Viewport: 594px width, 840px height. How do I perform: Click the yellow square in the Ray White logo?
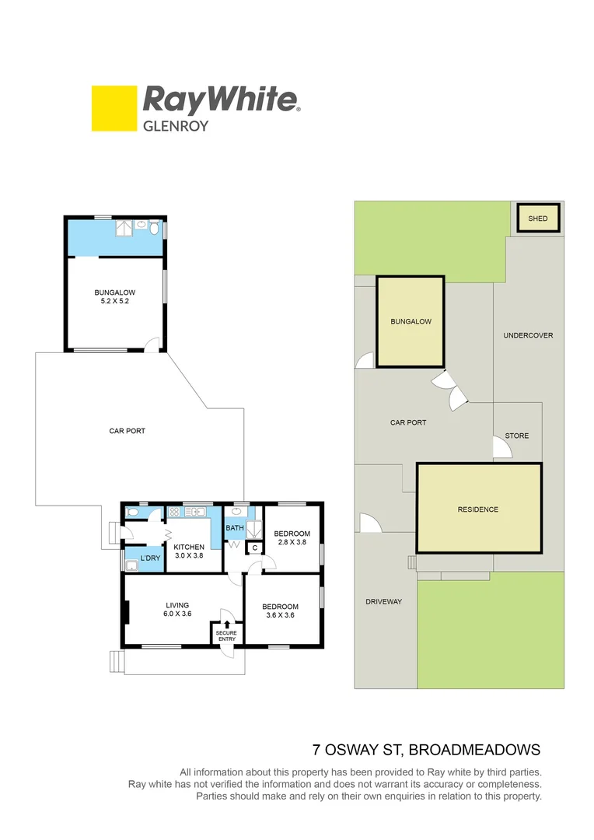(x=113, y=108)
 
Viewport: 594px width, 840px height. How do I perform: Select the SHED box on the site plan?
(x=538, y=219)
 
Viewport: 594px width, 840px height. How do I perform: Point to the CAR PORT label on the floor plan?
(x=127, y=431)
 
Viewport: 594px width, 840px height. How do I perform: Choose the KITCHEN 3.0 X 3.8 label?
(x=189, y=551)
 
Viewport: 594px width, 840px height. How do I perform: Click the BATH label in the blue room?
(x=235, y=528)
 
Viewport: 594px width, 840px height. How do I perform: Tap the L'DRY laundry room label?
(x=150, y=558)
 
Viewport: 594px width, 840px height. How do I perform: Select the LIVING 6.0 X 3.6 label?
(x=177, y=610)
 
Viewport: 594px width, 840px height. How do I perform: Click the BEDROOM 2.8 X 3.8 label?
(x=292, y=538)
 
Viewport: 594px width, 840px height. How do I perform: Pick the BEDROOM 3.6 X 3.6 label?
(x=280, y=611)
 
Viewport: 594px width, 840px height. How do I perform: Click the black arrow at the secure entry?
(x=227, y=624)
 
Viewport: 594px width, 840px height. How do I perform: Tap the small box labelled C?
(x=254, y=548)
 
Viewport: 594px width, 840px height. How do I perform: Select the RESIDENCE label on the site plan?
(x=478, y=509)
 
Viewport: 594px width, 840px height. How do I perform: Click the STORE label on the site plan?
(x=517, y=436)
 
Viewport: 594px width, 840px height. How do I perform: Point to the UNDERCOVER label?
(x=528, y=335)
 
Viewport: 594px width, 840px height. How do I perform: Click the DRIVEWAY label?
(x=383, y=601)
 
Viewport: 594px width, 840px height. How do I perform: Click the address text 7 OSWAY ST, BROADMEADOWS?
(x=425, y=751)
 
